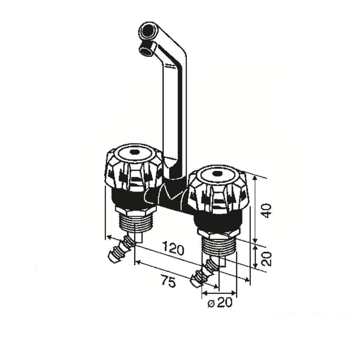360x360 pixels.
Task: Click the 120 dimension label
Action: [174, 248]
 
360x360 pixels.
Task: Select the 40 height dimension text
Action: [267, 211]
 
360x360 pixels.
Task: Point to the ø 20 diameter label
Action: [220, 303]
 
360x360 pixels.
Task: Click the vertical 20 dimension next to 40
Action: [267, 259]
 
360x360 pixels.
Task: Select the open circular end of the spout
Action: [147, 30]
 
